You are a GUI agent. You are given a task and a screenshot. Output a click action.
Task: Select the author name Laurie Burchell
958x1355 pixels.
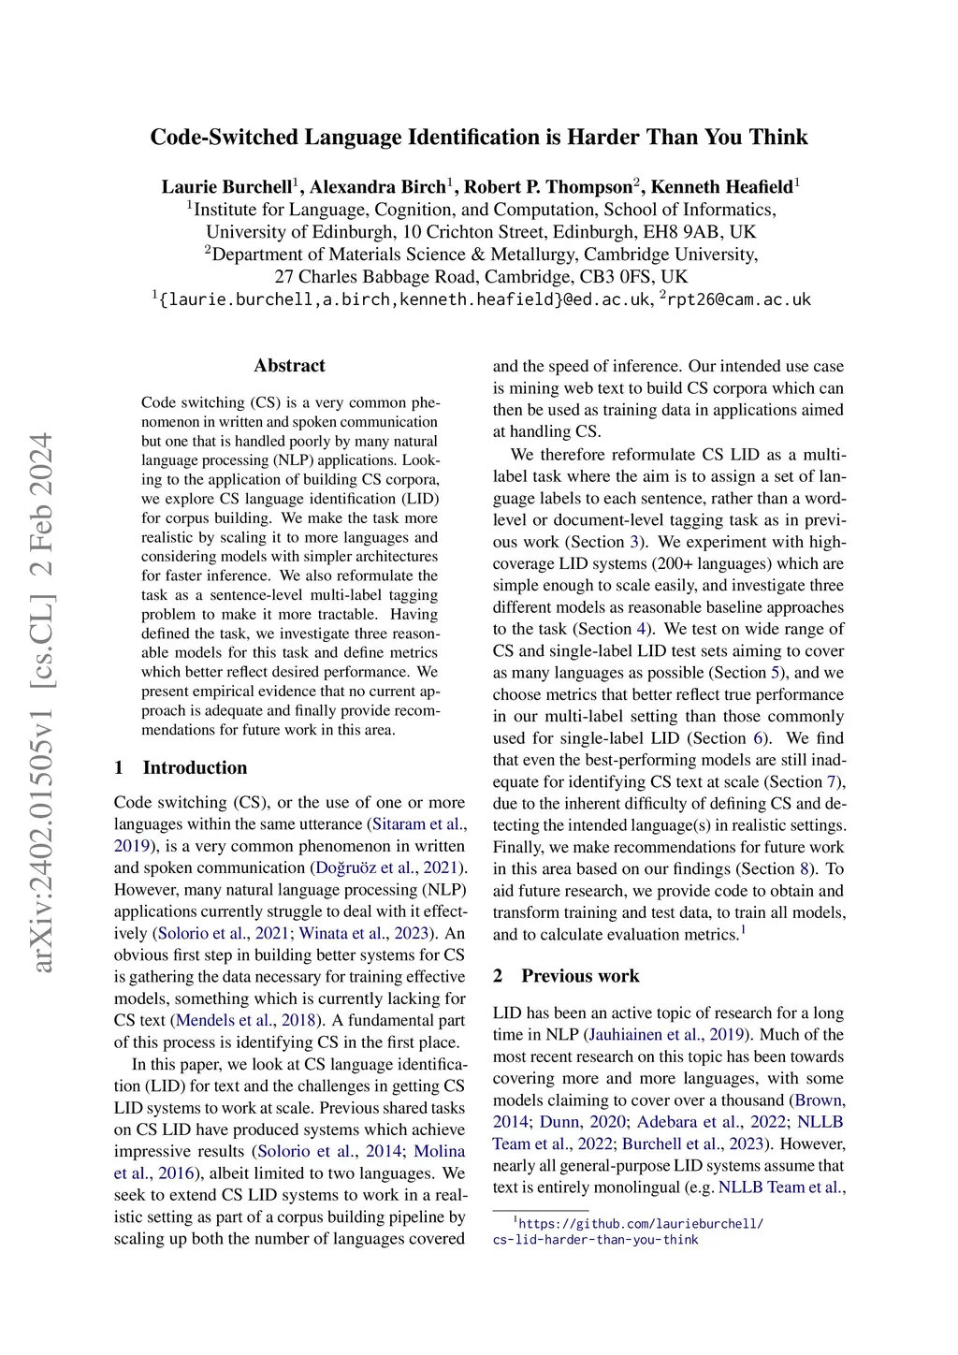[226, 187]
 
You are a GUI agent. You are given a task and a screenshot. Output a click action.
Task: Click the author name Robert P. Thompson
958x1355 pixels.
[548, 187]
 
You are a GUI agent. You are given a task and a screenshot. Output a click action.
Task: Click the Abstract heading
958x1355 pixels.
[289, 366]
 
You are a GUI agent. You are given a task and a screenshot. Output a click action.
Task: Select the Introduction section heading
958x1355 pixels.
[195, 767]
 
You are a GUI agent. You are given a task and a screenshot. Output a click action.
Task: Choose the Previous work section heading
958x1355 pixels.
[580, 976]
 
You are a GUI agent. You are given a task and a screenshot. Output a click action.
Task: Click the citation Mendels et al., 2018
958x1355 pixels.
[245, 1020]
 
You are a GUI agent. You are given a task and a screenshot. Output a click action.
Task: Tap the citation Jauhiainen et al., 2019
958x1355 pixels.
[666, 1034]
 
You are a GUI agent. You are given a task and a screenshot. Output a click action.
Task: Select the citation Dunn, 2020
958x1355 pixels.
[582, 1121]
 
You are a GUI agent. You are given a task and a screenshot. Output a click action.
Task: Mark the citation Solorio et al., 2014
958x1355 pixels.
[329, 1151]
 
